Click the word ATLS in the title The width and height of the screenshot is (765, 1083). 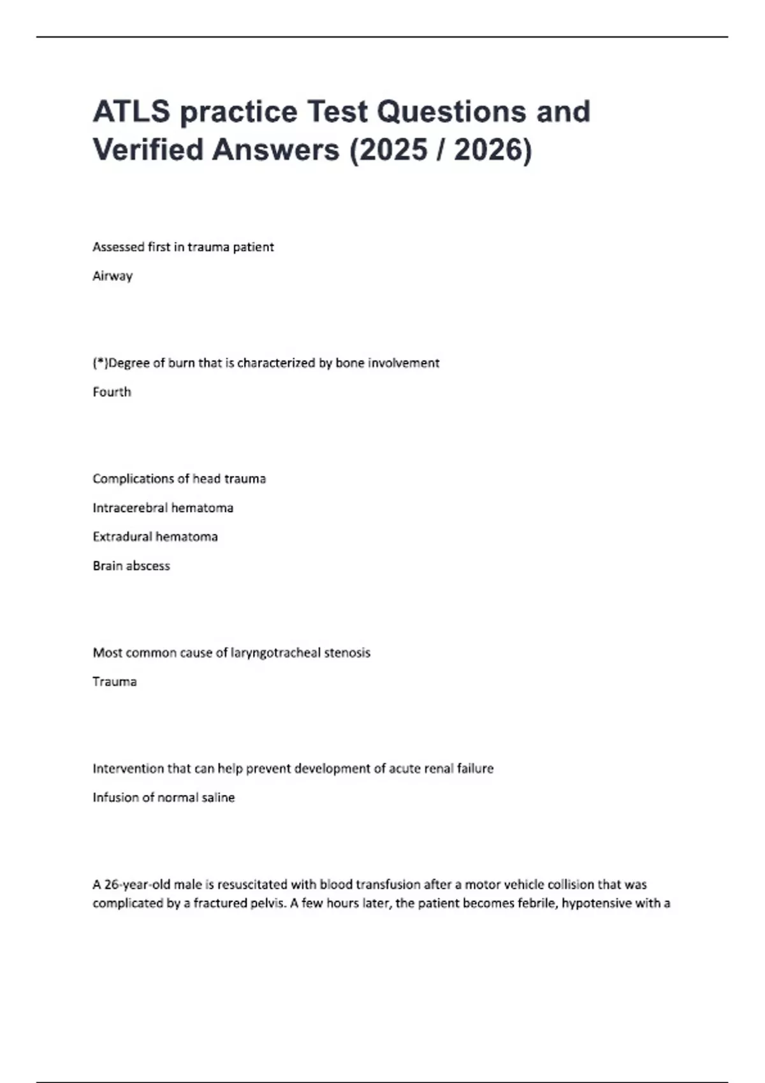pos(132,111)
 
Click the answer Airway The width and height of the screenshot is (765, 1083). pos(113,276)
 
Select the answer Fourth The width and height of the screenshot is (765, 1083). pos(112,392)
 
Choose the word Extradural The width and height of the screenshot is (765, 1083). pos(122,537)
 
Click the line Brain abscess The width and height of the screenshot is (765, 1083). pos(131,566)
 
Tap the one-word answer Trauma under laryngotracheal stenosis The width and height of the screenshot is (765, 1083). pos(115,682)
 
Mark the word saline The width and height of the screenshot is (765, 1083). pos(218,798)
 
